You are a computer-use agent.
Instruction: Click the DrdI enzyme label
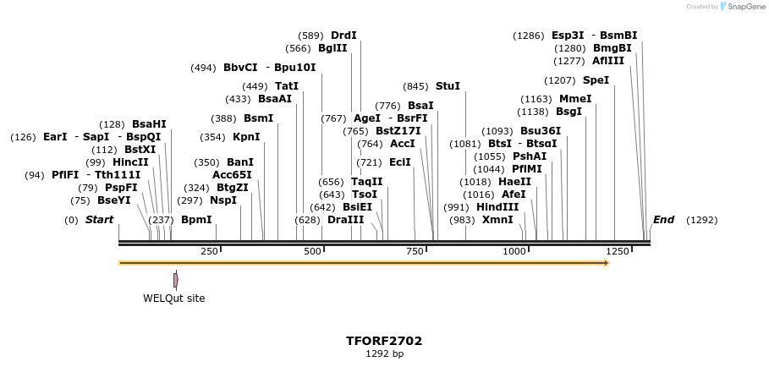pos(343,36)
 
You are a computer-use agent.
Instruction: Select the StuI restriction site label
pos(448,86)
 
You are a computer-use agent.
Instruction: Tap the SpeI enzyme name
pos(596,80)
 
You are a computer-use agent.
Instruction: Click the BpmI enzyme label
pos(196,220)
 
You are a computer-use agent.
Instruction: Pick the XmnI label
pos(497,220)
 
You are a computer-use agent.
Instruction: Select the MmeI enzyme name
pos(575,99)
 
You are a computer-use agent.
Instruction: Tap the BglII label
pos(332,48)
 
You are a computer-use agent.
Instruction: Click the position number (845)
pos(415,86)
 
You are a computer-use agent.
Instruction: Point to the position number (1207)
pos(559,80)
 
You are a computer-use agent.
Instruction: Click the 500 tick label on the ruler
pos(313,251)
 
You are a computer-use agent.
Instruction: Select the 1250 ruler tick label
pos(618,251)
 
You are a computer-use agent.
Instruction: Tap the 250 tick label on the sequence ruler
pos(209,251)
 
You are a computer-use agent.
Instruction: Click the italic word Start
pos(99,220)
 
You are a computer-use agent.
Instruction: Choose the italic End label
pos(663,220)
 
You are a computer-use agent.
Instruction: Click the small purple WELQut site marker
pos(175,280)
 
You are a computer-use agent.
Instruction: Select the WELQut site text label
pos(173,298)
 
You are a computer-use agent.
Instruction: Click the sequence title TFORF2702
pos(384,341)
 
